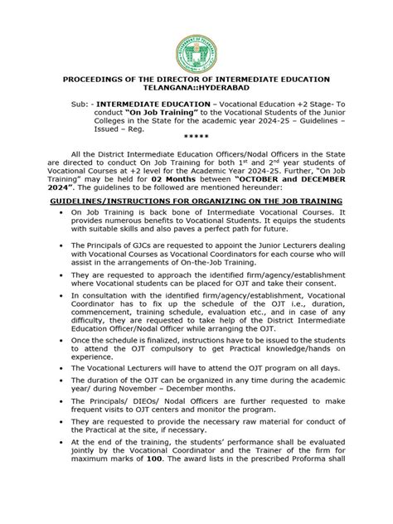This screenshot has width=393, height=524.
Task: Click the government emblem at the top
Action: point(196,35)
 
